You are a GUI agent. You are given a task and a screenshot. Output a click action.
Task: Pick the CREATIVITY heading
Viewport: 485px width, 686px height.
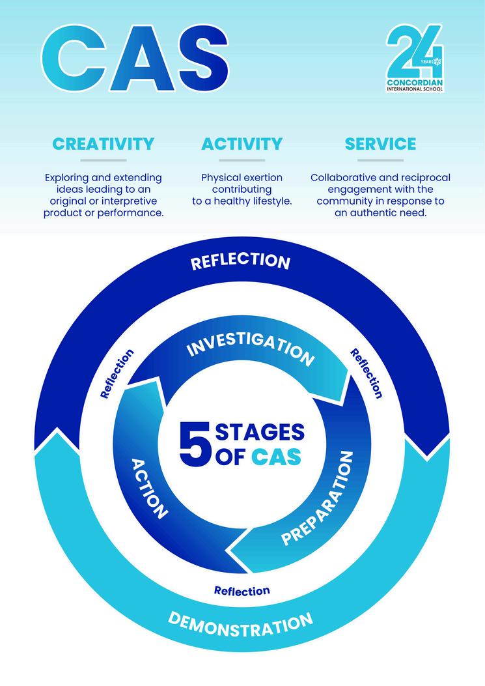[x=104, y=143]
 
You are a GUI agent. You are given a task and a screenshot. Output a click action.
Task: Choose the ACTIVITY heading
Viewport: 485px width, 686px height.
[x=242, y=143]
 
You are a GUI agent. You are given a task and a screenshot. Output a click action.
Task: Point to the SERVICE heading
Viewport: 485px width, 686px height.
[x=380, y=143]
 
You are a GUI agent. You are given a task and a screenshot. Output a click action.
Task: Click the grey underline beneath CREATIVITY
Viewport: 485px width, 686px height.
[x=104, y=160]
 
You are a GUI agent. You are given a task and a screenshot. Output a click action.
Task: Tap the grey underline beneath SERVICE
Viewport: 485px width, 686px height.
[x=380, y=160]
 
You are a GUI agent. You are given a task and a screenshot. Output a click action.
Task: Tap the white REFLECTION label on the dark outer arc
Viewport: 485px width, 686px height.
[x=240, y=261]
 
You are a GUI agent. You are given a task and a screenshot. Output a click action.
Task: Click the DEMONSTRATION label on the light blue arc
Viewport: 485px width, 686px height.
[x=240, y=623]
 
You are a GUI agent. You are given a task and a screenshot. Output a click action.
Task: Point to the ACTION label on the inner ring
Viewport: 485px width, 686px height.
[x=150, y=488]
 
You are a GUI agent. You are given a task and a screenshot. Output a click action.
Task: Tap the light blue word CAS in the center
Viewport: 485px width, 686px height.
[x=277, y=456]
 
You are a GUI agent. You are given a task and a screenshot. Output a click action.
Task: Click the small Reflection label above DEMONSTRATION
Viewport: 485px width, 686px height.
[x=242, y=591]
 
